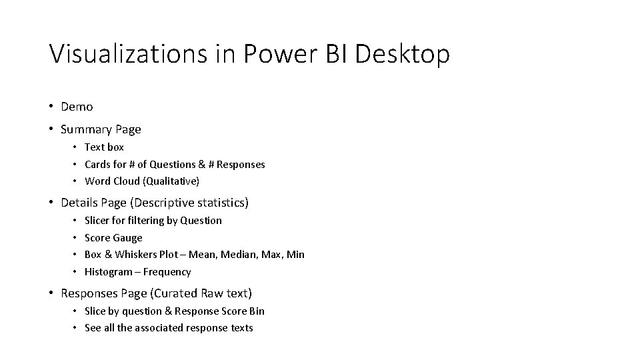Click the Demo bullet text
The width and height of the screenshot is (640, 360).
pyautogui.click(x=77, y=107)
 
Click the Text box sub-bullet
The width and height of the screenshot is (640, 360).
pyautogui.click(x=104, y=147)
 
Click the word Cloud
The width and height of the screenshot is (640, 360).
pyautogui.click(x=127, y=181)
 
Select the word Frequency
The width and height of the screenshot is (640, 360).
pyautogui.click(x=167, y=272)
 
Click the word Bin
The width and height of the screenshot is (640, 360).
pyautogui.click(x=257, y=311)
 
